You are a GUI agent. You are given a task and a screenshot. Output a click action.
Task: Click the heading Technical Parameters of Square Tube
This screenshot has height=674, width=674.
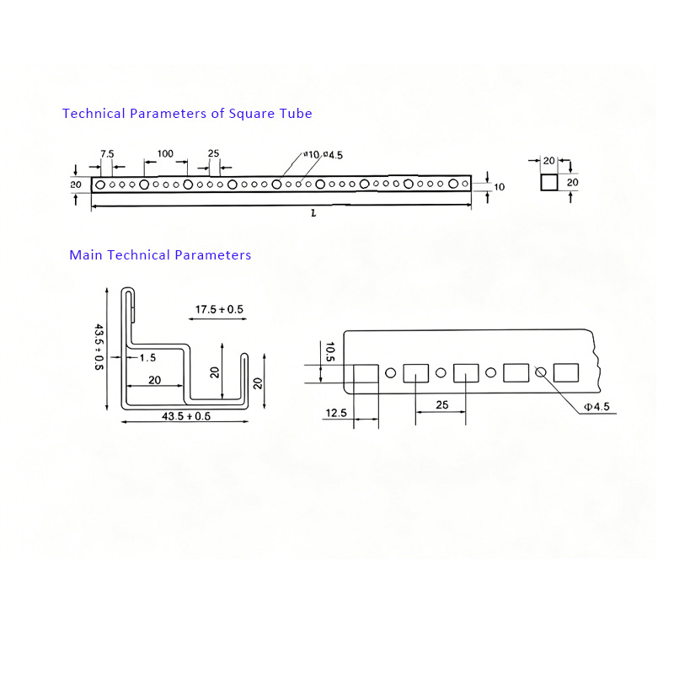(187, 113)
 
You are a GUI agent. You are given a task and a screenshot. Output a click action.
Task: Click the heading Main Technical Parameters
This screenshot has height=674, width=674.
(160, 254)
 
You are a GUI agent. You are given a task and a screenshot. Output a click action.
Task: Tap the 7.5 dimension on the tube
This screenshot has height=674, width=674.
(107, 153)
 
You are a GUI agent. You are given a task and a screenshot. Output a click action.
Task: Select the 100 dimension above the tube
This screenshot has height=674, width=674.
(165, 153)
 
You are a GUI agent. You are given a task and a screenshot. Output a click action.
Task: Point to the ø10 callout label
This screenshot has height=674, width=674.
(313, 155)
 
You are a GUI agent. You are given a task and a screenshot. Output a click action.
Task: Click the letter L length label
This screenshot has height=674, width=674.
(313, 214)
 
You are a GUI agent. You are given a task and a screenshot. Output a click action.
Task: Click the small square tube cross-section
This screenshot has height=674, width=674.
(548, 182)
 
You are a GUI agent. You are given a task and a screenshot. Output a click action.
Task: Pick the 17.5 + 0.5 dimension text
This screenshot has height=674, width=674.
(219, 310)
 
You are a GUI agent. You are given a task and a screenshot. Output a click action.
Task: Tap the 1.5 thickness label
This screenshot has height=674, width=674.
(147, 357)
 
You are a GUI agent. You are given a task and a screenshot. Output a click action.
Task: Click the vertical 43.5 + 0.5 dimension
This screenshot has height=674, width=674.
(99, 346)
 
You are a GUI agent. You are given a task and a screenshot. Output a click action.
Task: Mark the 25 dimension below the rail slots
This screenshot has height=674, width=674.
(442, 404)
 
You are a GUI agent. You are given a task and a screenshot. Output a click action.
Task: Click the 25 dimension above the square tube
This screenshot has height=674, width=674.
(213, 153)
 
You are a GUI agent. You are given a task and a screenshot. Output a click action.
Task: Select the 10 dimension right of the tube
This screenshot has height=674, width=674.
(499, 187)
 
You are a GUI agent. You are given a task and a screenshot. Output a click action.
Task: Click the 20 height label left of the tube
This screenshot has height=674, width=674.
(76, 184)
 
